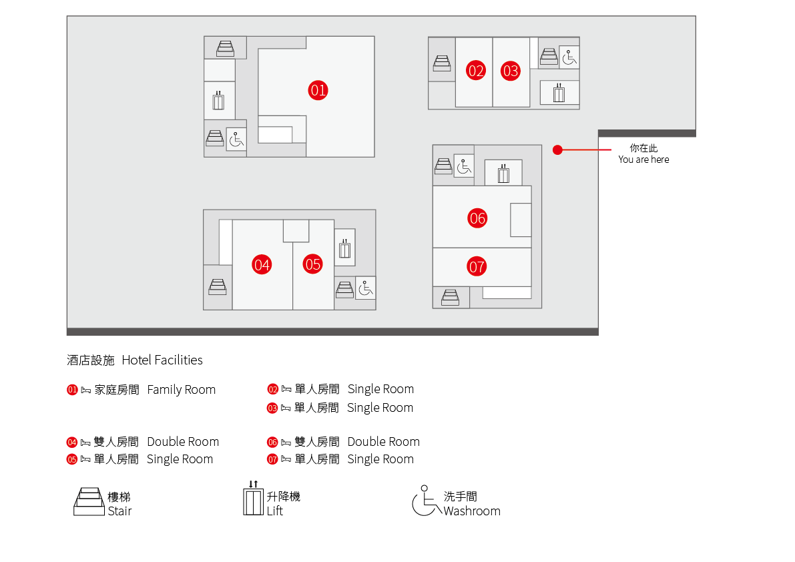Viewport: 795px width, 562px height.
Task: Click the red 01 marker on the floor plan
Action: pos(318,90)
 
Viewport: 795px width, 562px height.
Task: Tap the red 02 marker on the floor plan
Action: pos(476,71)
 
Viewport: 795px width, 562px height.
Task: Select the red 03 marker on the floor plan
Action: pos(511,71)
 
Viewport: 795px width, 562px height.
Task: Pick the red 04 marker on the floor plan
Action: pos(262,265)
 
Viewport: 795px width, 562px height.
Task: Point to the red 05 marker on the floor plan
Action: pos(313,264)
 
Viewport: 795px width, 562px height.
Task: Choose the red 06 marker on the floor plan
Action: pos(477,218)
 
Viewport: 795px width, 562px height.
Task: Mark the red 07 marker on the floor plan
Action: pos(477,268)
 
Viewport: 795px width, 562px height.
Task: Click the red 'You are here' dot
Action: pos(557,150)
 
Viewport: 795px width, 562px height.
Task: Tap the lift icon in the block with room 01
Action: pos(218,101)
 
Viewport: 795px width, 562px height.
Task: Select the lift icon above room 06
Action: pos(503,174)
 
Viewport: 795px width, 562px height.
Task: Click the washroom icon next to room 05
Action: pos(365,288)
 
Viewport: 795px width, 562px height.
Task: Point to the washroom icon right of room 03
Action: pos(569,57)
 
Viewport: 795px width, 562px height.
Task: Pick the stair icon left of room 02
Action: pos(442,63)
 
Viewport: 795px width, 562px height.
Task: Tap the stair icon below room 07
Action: pos(451,296)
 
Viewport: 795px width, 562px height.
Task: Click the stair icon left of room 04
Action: pos(218,286)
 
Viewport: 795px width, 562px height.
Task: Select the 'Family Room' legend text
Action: pos(182,390)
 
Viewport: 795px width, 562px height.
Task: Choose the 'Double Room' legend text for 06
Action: pos(383,442)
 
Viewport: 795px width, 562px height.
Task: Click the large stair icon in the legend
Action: pos(89,502)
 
